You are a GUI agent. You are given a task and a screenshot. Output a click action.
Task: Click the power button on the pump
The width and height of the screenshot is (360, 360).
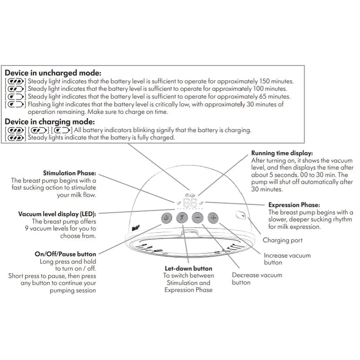tap(166, 218)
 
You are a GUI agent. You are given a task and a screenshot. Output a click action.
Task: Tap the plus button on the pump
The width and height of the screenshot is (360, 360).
tap(213, 218)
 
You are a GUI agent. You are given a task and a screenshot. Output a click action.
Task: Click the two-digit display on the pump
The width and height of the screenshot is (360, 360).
tap(190, 203)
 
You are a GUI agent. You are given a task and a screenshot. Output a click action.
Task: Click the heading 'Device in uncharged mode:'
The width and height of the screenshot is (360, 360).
tap(53, 73)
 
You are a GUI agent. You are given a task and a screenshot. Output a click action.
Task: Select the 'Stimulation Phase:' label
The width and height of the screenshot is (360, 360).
tap(70, 173)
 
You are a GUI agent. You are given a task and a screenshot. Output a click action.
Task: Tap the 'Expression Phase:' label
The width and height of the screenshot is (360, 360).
tap(294, 204)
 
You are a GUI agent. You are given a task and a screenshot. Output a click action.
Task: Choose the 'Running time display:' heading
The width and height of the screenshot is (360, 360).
tap(282, 153)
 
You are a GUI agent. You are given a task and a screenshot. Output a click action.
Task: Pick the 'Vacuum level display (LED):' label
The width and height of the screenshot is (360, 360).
tap(57, 214)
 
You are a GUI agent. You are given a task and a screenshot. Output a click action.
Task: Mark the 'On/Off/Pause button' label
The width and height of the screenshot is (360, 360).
tap(65, 254)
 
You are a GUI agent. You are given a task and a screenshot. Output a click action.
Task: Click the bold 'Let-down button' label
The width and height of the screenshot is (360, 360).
tap(189, 268)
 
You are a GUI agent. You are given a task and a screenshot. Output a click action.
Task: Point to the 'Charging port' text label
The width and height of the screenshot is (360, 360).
tap(282, 240)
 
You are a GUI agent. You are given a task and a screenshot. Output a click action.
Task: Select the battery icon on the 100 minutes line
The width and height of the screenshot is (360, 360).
tap(16, 89)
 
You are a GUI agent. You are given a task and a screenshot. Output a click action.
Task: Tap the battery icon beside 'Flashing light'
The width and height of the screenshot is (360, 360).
tap(16, 104)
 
